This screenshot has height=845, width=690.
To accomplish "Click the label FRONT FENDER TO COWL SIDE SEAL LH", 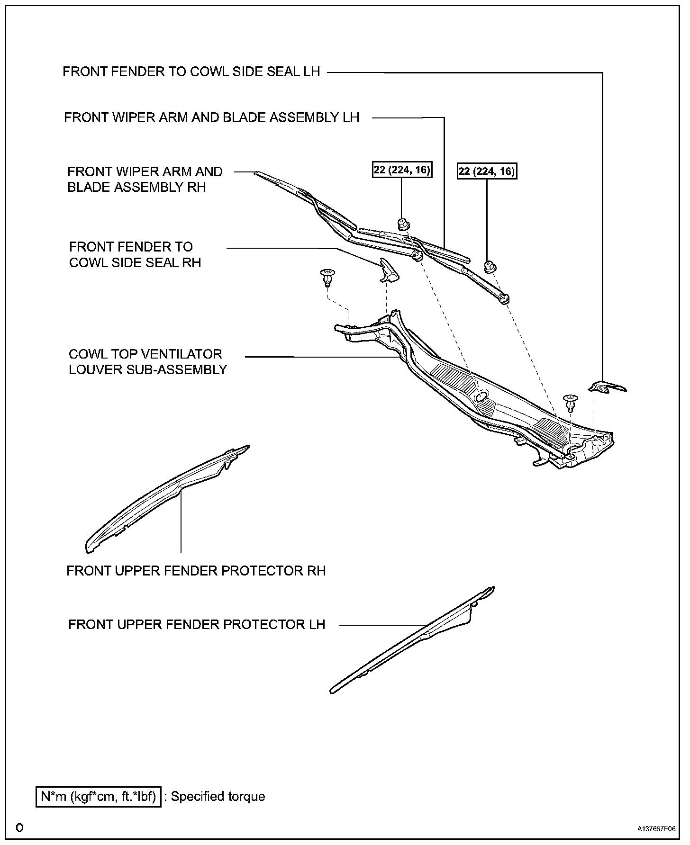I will (x=191, y=72).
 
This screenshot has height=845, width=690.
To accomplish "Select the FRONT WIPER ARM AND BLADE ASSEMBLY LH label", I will (x=212, y=117).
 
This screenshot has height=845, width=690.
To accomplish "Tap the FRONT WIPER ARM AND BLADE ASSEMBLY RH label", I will (x=145, y=180).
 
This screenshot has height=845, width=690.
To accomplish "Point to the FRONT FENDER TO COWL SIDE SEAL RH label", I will (x=135, y=254).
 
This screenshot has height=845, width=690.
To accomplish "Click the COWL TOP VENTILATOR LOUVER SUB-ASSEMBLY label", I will (x=148, y=362).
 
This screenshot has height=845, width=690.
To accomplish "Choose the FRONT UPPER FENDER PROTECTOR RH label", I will (x=196, y=571).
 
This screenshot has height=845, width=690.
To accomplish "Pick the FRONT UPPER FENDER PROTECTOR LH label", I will (x=197, y=624).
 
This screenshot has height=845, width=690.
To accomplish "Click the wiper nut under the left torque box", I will (x=403, y=224).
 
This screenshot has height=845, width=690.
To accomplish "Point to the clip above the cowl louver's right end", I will (x=570, y=402).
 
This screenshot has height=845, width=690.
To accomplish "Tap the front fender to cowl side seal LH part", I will (x=607, y=387).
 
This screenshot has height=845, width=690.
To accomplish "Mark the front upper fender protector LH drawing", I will (x=412, y=639).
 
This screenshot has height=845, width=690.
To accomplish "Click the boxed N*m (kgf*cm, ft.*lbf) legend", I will (x=99, y=797).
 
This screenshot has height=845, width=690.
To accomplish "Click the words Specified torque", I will (x=218, y=797).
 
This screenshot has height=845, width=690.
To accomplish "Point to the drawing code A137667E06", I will (x=656, y=829).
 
